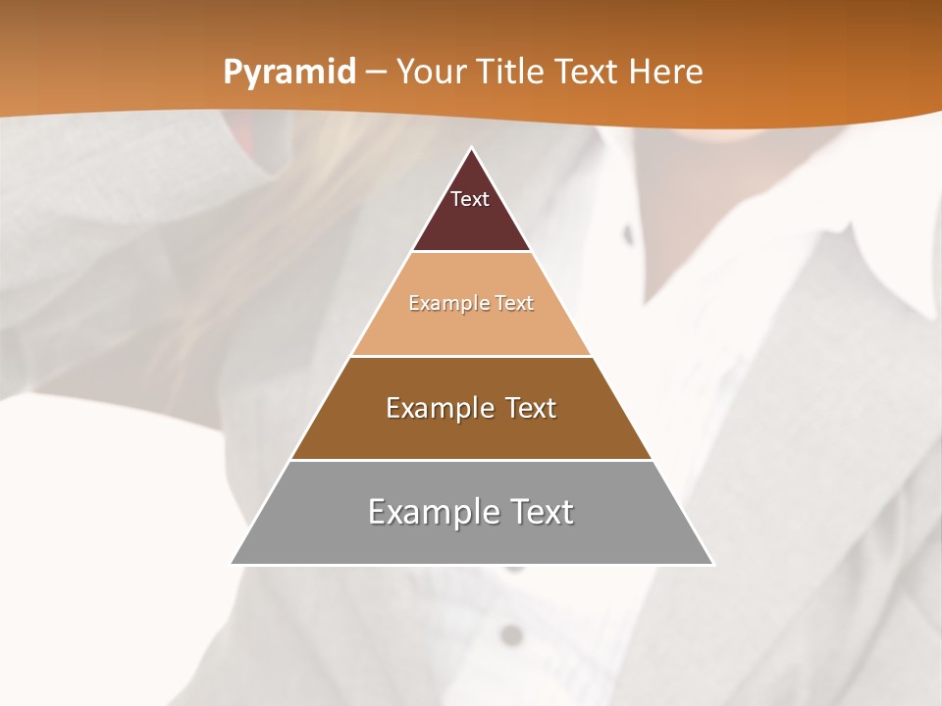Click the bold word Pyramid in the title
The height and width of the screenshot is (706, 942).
[289, 73]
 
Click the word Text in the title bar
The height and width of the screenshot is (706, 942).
[589, 73]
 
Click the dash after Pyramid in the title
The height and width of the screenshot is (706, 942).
[376, 73]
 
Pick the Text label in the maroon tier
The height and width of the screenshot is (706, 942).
[470, 199]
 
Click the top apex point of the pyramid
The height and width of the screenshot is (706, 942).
[472, 147]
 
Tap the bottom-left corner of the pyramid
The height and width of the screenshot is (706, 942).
[232, 564]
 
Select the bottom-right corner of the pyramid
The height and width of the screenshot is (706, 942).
[713, 564]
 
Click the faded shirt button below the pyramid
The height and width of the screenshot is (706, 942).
[510, 635]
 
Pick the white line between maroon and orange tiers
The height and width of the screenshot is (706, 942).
[471, 252]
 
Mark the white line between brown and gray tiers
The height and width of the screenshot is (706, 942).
[471, 460]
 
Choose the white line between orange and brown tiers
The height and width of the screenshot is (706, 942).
[471, 356]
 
